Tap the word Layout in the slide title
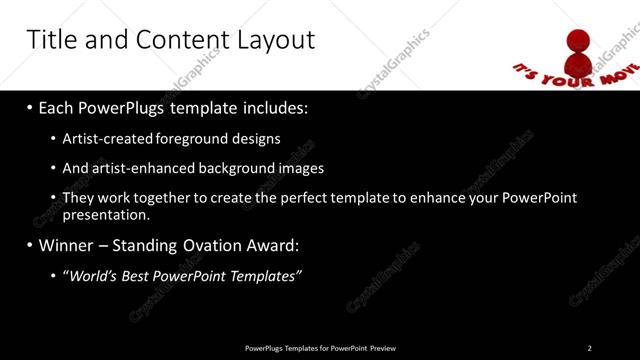pos(274,39)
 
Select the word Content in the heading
pos(177,39)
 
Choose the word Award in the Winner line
pos(269,244)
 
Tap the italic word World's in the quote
pos(92,275)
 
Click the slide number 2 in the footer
pos(589,348)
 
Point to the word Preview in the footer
pos(382,348)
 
